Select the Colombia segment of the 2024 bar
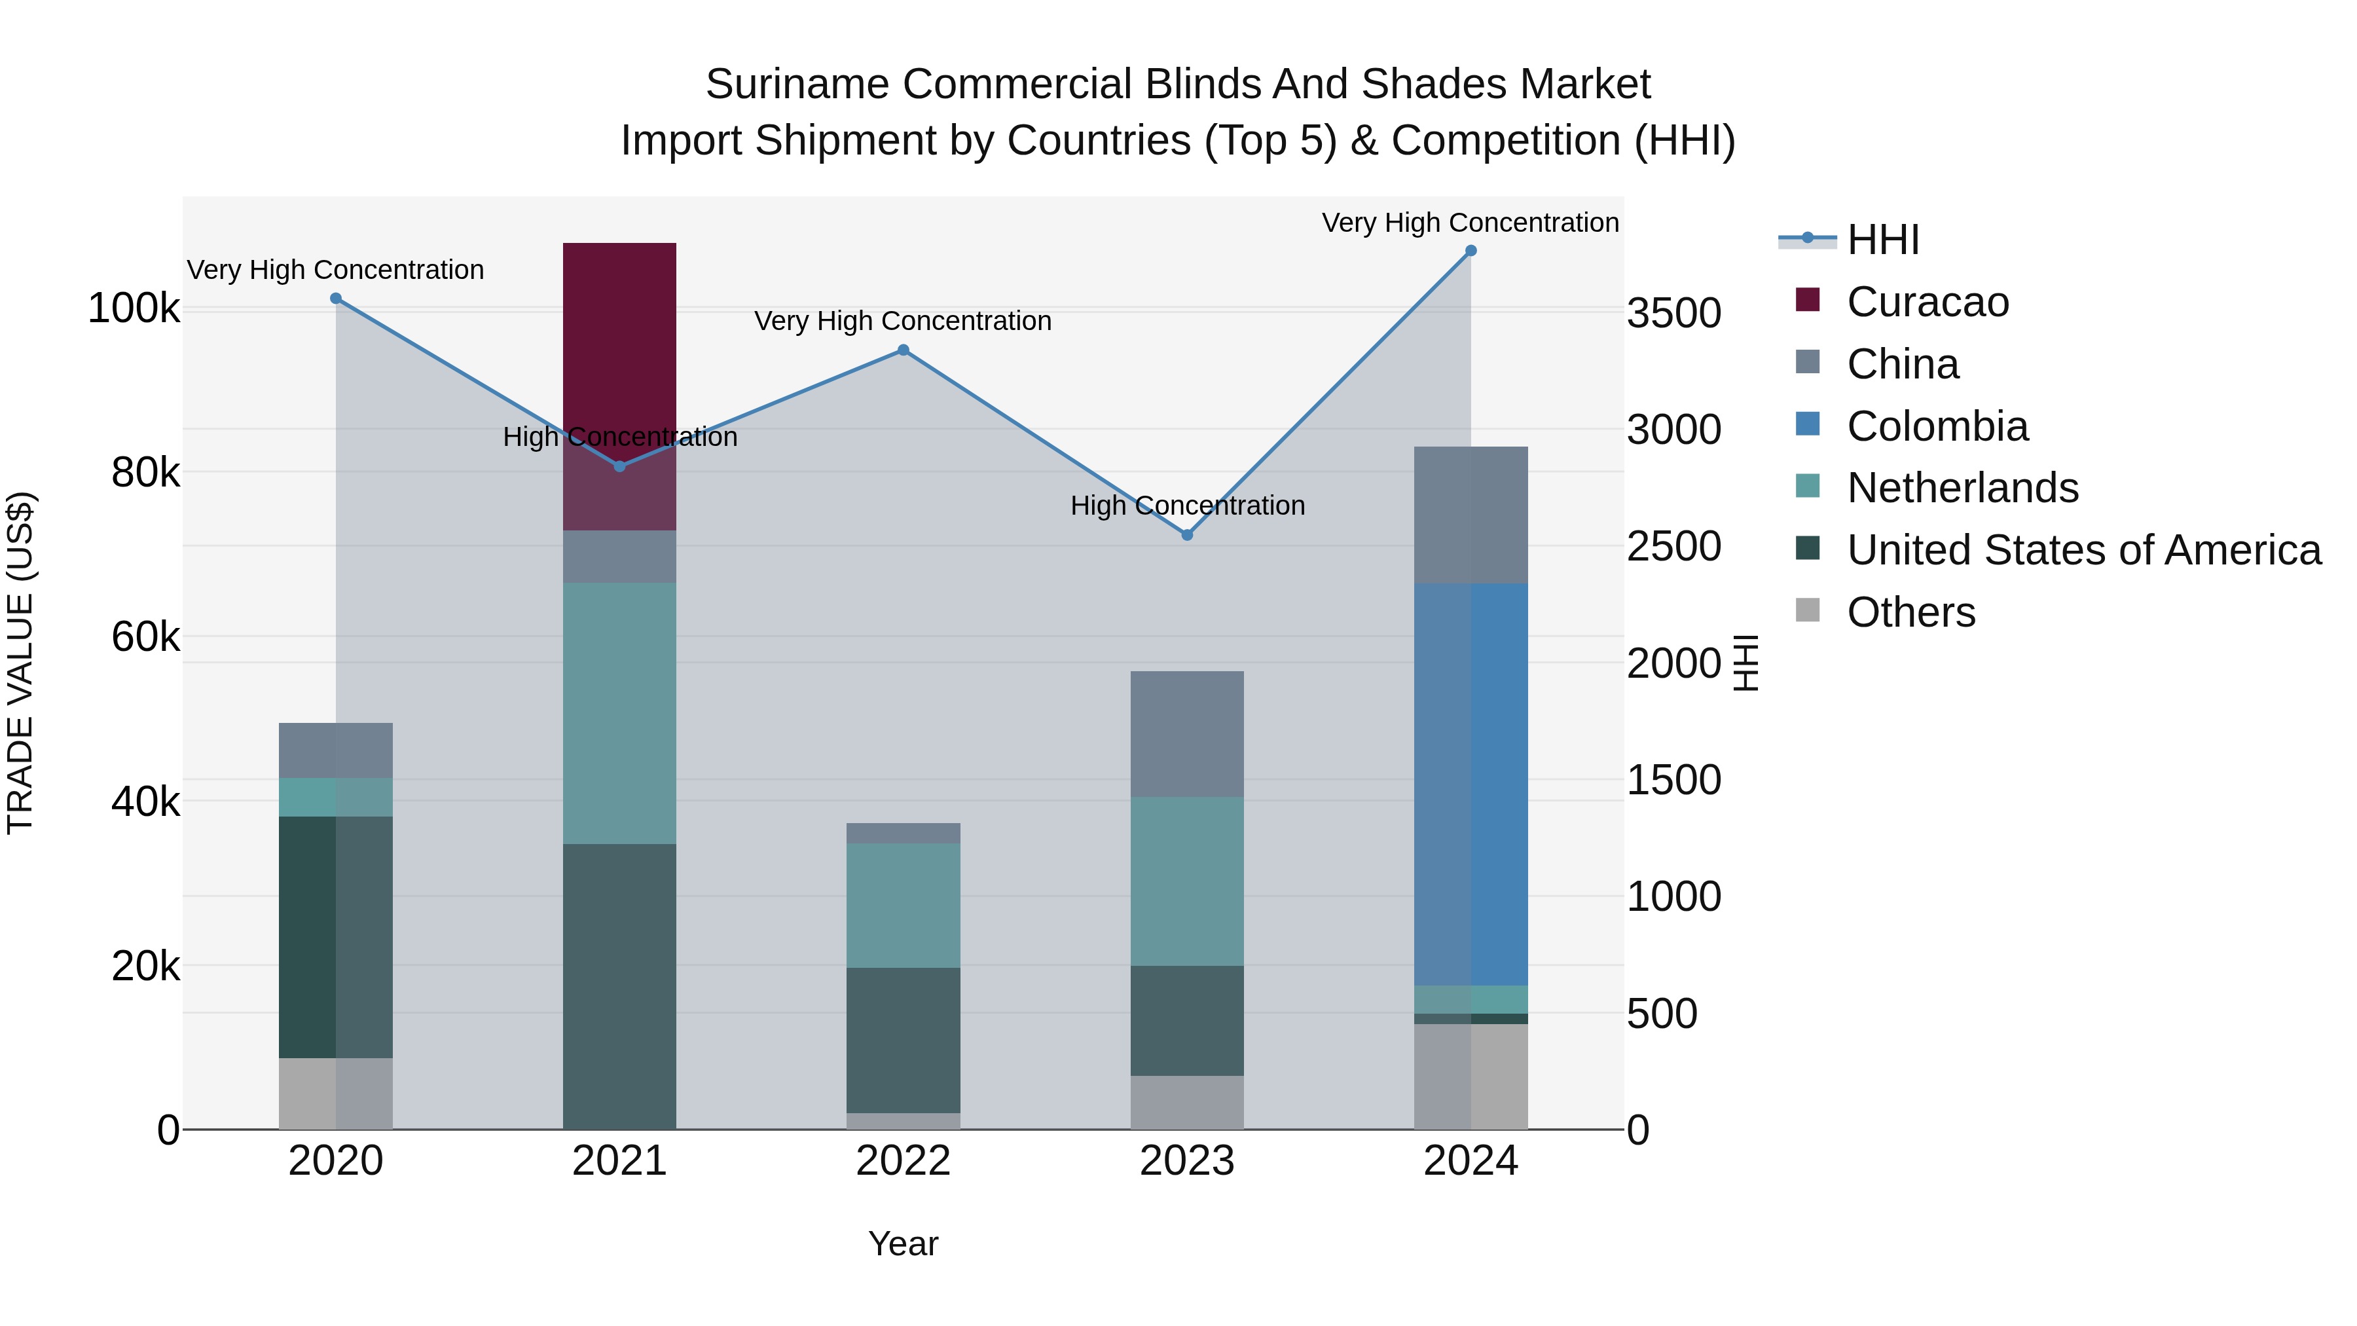click(1471, 783)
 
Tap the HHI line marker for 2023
click(1187, 534)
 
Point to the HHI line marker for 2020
click(336, 299)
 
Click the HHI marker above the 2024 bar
click(1471, 251)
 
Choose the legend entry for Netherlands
click(1962, 488)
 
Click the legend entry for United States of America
click(2083, 550)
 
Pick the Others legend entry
click(1910, 612)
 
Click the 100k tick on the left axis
click(134, 308)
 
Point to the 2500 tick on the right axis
click(1673, 546)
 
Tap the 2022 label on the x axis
click(903, 1161)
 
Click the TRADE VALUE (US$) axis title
click(20, 663)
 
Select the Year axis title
click(903, 1243)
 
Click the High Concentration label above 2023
click(1187, 505)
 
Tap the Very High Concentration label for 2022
click(903, 322)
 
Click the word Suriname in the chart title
click(796, 84)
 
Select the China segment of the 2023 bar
click(1187, 734)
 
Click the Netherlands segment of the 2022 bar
click(903, 905)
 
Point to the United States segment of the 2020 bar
click(336, 936)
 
